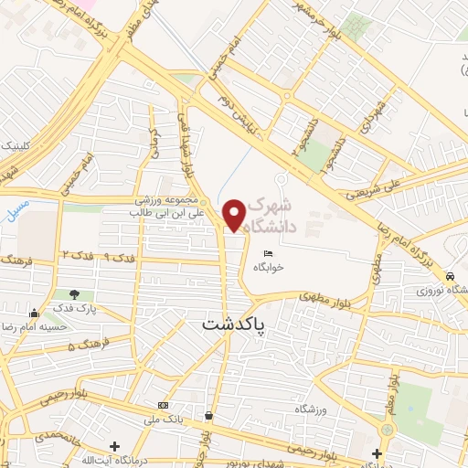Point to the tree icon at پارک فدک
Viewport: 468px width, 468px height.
coord(74,294)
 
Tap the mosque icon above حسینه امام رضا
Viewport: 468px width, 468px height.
coord(34,312)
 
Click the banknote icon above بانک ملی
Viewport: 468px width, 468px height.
coord(164,405)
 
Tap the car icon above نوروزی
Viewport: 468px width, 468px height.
coord(450,276)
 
